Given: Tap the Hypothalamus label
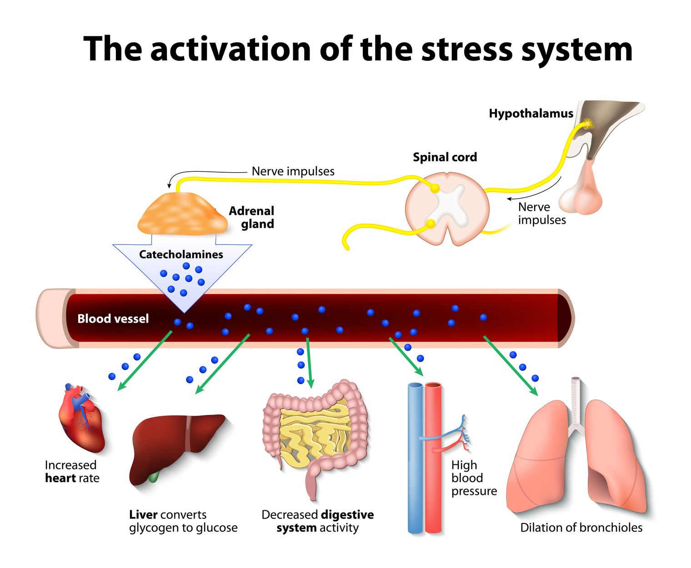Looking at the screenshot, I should click(x=531, y=114).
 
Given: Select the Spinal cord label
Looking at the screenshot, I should click(x=445, y=157).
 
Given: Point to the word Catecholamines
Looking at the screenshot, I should click(x=181, y=254).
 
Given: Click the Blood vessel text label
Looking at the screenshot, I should click(x=113, y=319).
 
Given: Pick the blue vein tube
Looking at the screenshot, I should click(x=415, y=459).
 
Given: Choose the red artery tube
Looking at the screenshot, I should click(x=433, y=459).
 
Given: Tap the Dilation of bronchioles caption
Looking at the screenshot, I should click(x=581, y=528).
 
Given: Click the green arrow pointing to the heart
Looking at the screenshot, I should click(x=145, y=361).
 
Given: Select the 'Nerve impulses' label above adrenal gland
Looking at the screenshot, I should click(x=293, y=171).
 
